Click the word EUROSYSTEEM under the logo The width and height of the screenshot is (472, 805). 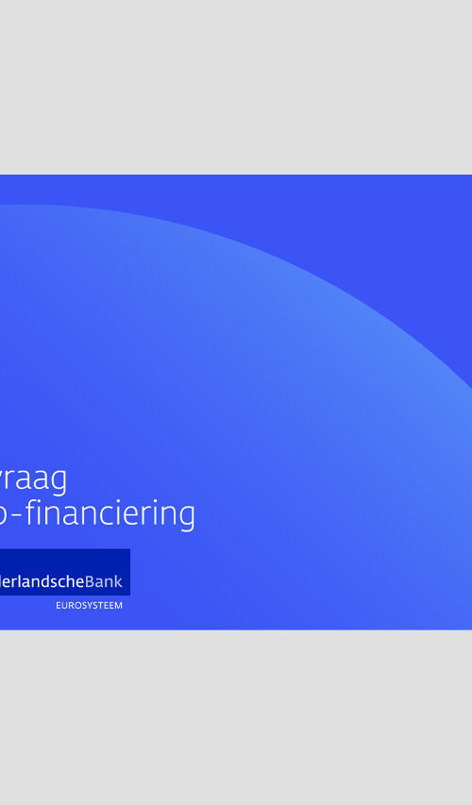click(89, 605)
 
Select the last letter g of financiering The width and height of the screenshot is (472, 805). click(186, 517)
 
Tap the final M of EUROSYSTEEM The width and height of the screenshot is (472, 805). click(118, 605)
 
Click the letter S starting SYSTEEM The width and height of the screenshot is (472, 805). click(81, 605)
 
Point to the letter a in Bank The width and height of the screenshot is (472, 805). click(100, 582)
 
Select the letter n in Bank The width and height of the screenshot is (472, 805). click(110, 582)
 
